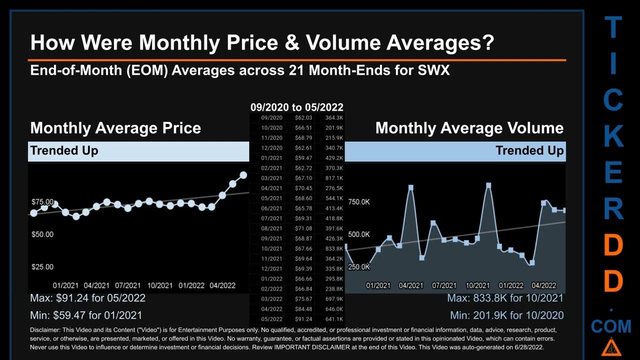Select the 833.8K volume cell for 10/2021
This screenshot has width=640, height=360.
pos(333,248)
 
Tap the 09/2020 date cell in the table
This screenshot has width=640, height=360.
pos(272,117)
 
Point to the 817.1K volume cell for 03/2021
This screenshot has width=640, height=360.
pos(333,178)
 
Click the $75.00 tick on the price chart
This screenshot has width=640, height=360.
pos(42,201)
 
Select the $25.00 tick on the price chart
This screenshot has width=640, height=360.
pos(42,267)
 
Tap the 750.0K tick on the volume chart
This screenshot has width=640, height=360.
pos(359,201)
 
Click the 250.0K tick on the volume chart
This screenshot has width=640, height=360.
pos(359,267)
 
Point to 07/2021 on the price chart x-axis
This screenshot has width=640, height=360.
pos(128,285)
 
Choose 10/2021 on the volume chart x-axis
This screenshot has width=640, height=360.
pos(477,285)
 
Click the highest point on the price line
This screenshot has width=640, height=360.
pos(243,175)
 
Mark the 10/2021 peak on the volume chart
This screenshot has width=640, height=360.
pos(488,185)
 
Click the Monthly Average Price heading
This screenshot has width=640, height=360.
pos(115,128)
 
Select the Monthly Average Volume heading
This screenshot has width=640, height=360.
pos(469,128)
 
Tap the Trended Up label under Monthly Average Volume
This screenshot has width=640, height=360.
pos(529,150)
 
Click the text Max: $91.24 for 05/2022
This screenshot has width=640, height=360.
pos(88,298)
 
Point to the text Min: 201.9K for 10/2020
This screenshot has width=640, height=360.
pos(506,315)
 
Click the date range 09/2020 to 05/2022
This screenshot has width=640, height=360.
pos(296,107)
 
